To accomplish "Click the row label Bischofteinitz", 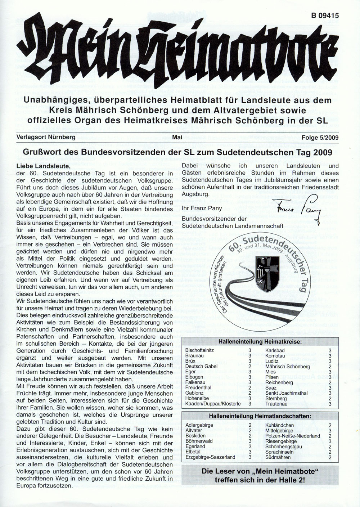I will (x=200, y=350).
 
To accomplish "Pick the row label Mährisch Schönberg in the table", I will (x=287, y=366).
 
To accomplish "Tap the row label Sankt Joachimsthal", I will (x=287, y=393).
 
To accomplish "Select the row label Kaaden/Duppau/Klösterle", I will (x=213, y=404).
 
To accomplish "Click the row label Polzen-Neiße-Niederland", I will (x=292, y=436).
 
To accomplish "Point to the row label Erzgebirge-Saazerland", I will (x=210, y=457).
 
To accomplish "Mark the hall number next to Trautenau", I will (x=330, y=404).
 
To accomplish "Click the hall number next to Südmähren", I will (x=330, y=457).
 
